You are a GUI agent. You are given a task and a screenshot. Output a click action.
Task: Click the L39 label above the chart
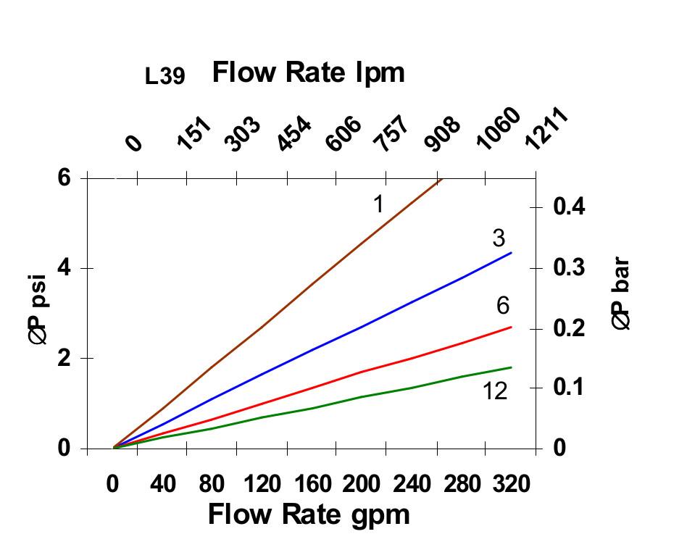[x=165, y=77]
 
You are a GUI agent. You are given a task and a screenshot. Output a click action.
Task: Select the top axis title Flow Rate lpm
[x=308, y=72]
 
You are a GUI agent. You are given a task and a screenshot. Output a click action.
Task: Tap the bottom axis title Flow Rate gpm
[x=309, y=514]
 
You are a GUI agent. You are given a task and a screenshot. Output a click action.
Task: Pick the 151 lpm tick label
[x=195, y=135]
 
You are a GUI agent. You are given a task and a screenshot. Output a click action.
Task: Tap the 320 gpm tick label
[x=510, y=483]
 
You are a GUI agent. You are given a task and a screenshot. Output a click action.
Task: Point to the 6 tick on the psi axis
[x=65, y=178]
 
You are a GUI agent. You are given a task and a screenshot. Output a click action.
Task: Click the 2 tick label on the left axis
[x=65, y=358]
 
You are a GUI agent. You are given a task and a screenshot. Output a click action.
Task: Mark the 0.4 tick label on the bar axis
[x=568, y=207]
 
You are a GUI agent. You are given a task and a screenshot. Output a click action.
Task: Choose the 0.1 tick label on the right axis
[x=568, y=387]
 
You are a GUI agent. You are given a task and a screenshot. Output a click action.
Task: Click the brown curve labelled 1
[x=290, y=285]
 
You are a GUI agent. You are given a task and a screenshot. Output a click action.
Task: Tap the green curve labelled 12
[x=362, y=396]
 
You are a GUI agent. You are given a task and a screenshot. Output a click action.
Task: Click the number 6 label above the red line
[x=503, y=307]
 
